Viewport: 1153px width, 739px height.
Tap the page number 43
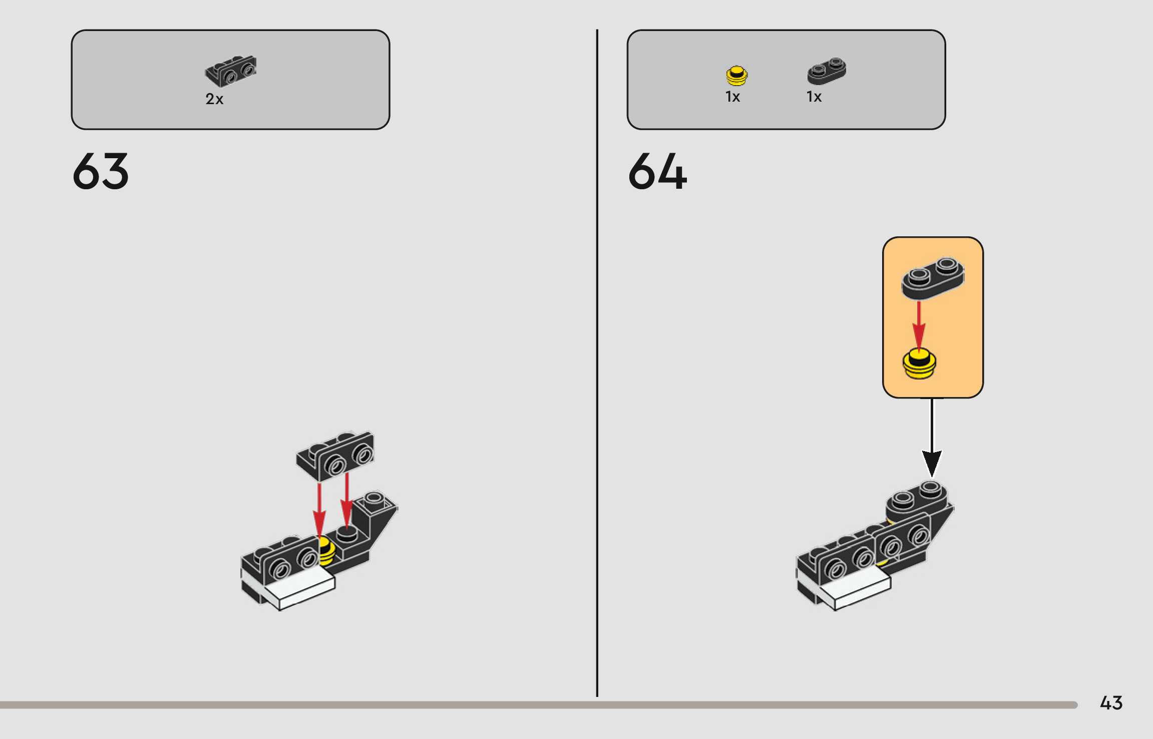[1111, 702]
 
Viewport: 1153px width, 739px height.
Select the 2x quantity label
[214, 99]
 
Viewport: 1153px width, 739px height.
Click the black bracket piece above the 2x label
[231, 71]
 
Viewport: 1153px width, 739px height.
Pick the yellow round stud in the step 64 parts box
[736, 76]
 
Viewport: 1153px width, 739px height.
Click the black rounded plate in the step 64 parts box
[827, 71]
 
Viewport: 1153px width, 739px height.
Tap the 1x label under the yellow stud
[732, 97]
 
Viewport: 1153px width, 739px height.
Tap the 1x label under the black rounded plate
[814, 97]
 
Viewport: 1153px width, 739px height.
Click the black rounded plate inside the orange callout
[932, 278]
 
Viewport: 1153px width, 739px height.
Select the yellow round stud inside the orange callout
[919, 364]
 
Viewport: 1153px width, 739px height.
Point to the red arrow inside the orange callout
[919, 325]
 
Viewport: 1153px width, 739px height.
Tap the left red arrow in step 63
[319, 508]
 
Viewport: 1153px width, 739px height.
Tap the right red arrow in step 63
[346, 501]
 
